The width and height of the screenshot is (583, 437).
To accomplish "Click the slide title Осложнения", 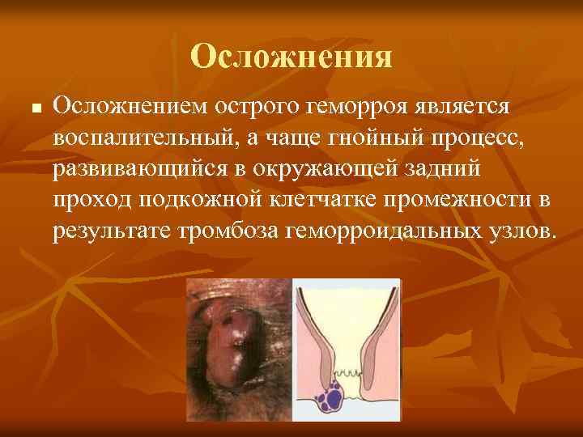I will tap(291, 56).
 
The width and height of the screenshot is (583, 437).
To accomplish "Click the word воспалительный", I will tap(144, 137).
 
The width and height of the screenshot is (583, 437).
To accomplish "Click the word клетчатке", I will tap(337, 200).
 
